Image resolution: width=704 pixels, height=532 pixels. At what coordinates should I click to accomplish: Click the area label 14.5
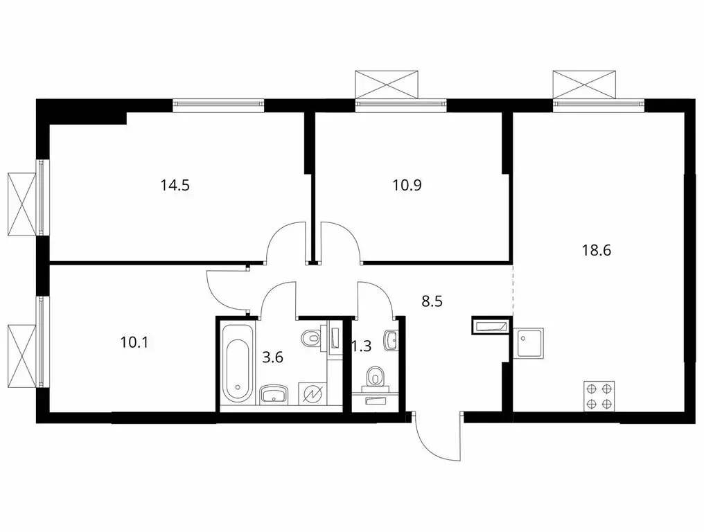tap(175, 186)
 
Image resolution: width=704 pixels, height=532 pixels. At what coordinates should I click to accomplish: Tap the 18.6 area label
tap(595, 251)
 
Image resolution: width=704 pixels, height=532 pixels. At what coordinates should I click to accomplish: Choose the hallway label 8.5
tap(433, 301)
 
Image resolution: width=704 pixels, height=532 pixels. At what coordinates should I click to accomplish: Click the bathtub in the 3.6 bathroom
tap(237, 364)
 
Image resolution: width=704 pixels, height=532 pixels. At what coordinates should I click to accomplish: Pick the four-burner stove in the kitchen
tap(599, 396)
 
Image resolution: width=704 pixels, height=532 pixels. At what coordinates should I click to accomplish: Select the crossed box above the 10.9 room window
tap(387, 83)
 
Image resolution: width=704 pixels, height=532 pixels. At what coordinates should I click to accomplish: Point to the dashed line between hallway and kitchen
tap(513, 287)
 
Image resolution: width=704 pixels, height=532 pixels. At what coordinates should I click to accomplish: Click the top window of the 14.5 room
tap(219, 105)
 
